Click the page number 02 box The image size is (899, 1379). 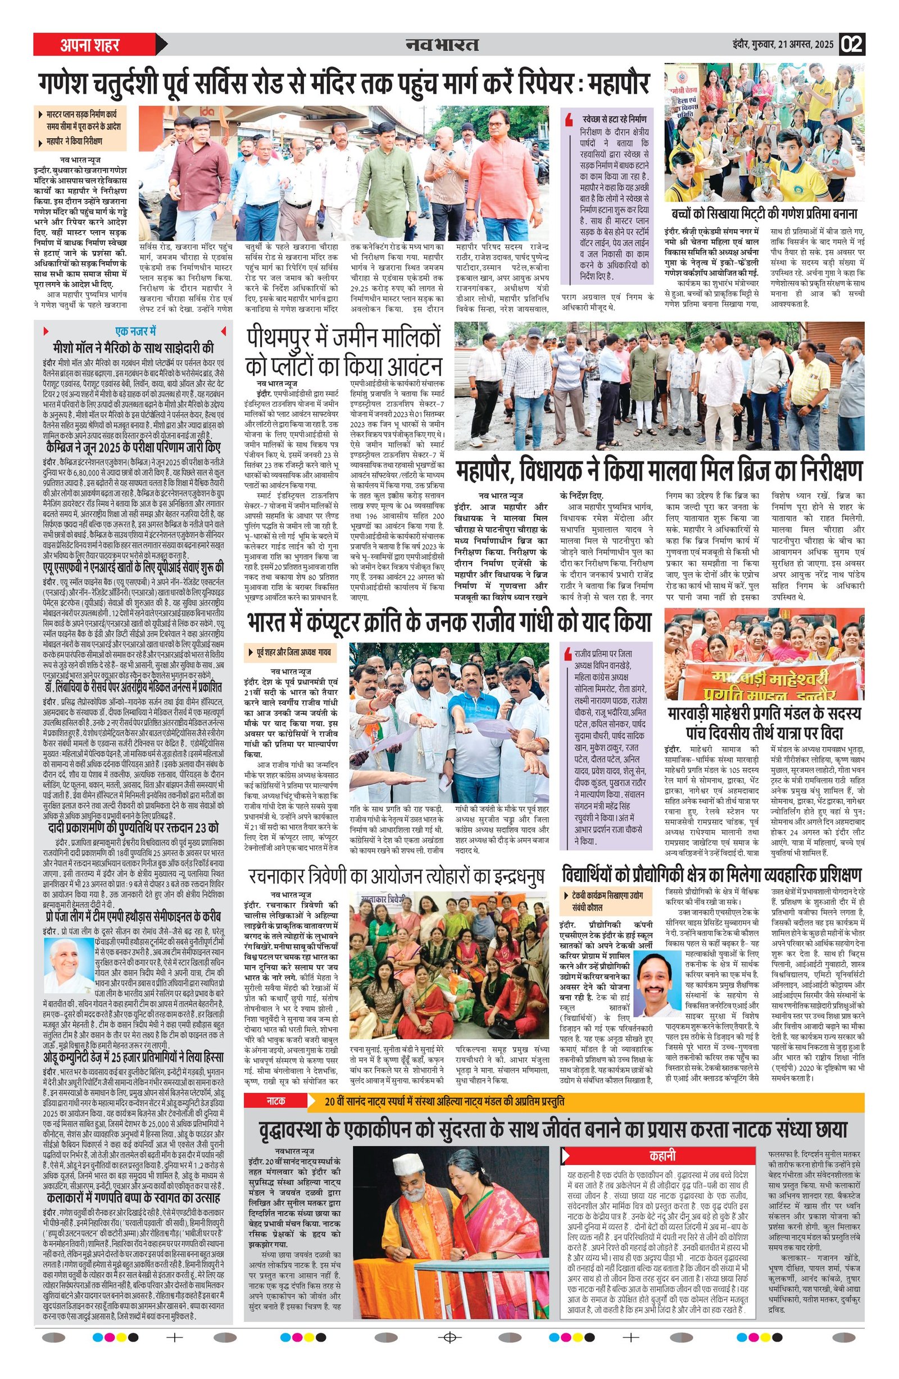(852, 44)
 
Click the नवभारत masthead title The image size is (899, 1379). (442, 44)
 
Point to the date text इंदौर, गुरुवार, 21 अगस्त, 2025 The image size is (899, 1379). (782, 44)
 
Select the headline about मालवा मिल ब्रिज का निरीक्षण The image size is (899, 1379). (659, 470)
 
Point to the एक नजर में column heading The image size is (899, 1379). (135, 332)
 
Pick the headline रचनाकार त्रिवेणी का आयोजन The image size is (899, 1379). (396, 876)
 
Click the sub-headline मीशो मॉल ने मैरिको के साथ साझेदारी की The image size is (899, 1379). (133, 348)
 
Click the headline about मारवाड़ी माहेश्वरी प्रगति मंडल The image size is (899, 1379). (764, 722)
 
